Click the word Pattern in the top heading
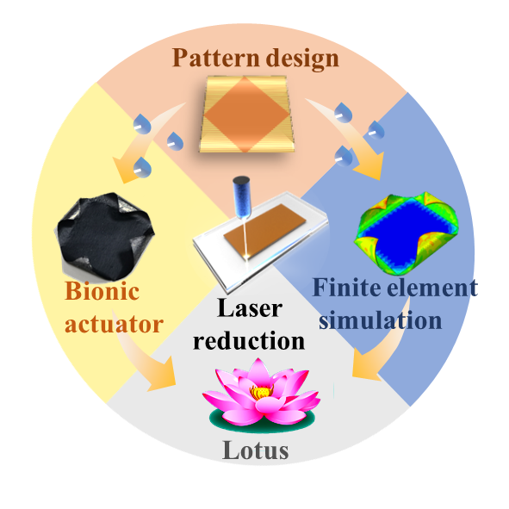coord(216,58)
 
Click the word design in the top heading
coord(302,59)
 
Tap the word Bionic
coord(102,290)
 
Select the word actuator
coord(114,324)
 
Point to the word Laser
coord(250,307)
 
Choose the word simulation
coord(380,320)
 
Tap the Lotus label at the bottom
coord(256,450)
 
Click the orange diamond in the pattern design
coord(246,115)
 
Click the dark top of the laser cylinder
coord(241,181)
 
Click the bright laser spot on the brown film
coord(247,257)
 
